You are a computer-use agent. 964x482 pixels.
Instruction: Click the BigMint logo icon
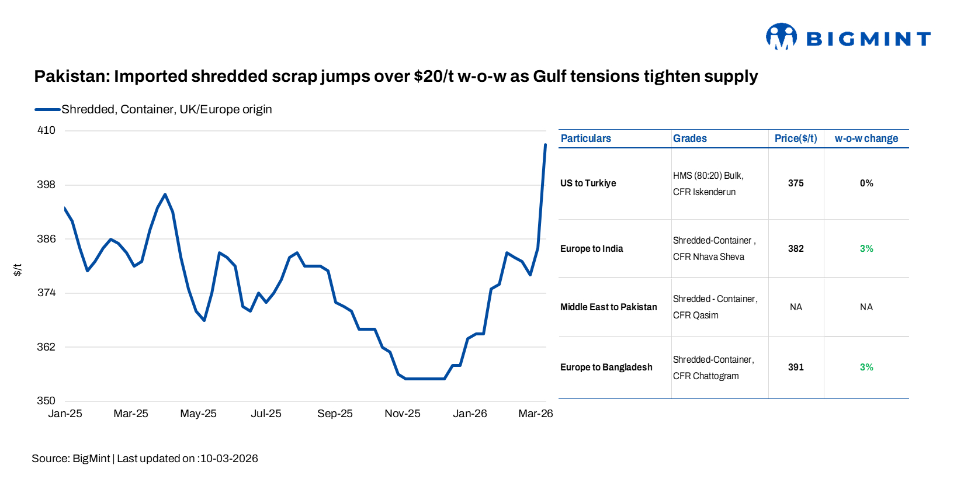781,37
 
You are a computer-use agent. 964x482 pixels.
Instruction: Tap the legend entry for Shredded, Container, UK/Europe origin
166,109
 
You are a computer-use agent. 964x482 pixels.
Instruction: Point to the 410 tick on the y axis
46,130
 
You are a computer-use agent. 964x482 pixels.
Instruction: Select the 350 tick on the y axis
46,401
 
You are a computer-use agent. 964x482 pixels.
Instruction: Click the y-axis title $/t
18,269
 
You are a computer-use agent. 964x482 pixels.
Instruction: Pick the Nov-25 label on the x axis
402,414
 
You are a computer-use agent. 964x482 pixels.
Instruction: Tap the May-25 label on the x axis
198,414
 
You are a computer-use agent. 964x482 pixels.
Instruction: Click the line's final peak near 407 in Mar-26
545,144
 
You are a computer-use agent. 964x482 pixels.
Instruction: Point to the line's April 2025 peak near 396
165,195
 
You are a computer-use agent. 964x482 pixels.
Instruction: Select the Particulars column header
585,138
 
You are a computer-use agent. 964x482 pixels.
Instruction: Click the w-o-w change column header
866,138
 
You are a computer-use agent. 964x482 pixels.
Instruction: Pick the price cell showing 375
795,183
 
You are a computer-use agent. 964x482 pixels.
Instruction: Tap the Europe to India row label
591,249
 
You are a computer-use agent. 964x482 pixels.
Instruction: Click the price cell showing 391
795,367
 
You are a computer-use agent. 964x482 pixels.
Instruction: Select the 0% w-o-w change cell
866,183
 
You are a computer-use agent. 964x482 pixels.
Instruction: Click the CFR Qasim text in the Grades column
695,315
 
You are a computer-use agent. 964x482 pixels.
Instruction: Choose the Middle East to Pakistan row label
608,307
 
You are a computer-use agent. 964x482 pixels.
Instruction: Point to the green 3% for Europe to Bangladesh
866,367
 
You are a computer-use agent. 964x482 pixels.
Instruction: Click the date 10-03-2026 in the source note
229,459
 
